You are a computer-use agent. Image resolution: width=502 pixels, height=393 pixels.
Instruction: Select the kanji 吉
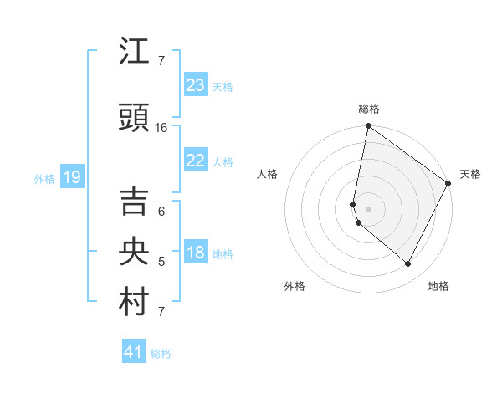(x=135, y=202)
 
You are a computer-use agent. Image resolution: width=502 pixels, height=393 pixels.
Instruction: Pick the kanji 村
(x=135, y=302)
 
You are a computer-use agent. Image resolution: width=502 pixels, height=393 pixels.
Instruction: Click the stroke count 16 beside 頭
(x=161, y=128)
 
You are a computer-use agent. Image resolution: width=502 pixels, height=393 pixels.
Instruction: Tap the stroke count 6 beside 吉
(x=161, y=212)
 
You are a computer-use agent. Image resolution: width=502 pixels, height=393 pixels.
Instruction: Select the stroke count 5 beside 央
(x=161, y=262)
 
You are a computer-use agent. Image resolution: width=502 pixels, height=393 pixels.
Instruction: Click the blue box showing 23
(x=195, y=85)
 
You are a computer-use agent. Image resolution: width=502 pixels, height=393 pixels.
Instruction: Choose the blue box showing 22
(x=195, y=161)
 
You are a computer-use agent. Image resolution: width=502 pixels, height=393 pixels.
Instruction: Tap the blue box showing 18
(x=195, y=253)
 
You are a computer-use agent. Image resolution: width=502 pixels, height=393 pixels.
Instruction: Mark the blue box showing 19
(x=71, y=177)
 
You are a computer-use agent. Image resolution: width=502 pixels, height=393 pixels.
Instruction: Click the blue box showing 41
(x=134, y=352)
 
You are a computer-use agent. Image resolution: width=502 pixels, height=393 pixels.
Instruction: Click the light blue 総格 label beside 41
(x=161, y=354)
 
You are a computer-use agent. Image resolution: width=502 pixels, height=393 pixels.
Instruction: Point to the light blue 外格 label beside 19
(x=44, y=178)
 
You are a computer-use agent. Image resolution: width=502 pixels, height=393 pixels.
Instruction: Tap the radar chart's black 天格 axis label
(x=470, y=174)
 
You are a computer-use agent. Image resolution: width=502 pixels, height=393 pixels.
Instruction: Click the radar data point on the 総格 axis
(x=368, y=126)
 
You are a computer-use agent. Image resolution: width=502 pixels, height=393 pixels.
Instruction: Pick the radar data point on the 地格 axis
(x=408, y=264)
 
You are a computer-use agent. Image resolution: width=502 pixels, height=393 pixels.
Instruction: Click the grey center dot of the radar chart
(x=368, y=209)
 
